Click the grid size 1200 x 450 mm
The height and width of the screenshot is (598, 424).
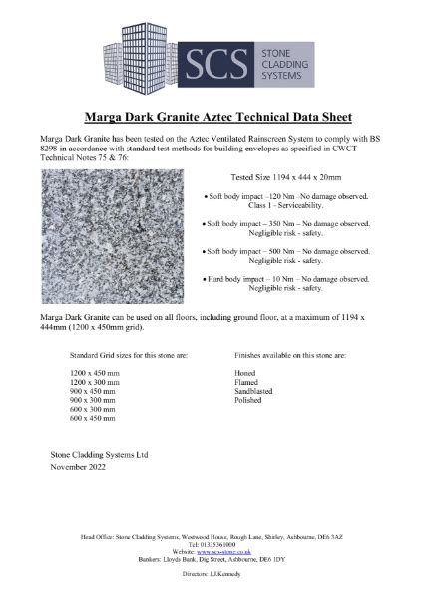click(x=96, y=371)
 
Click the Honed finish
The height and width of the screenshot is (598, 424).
click(x=245, y=371)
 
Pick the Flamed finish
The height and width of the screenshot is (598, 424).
click(x=246, y=380)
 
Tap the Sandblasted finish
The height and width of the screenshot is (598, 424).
click(x=254, y=389)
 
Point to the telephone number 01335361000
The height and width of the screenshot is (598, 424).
click(x=216, y=544)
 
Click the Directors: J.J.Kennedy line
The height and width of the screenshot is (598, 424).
click(x=212, y=575)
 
